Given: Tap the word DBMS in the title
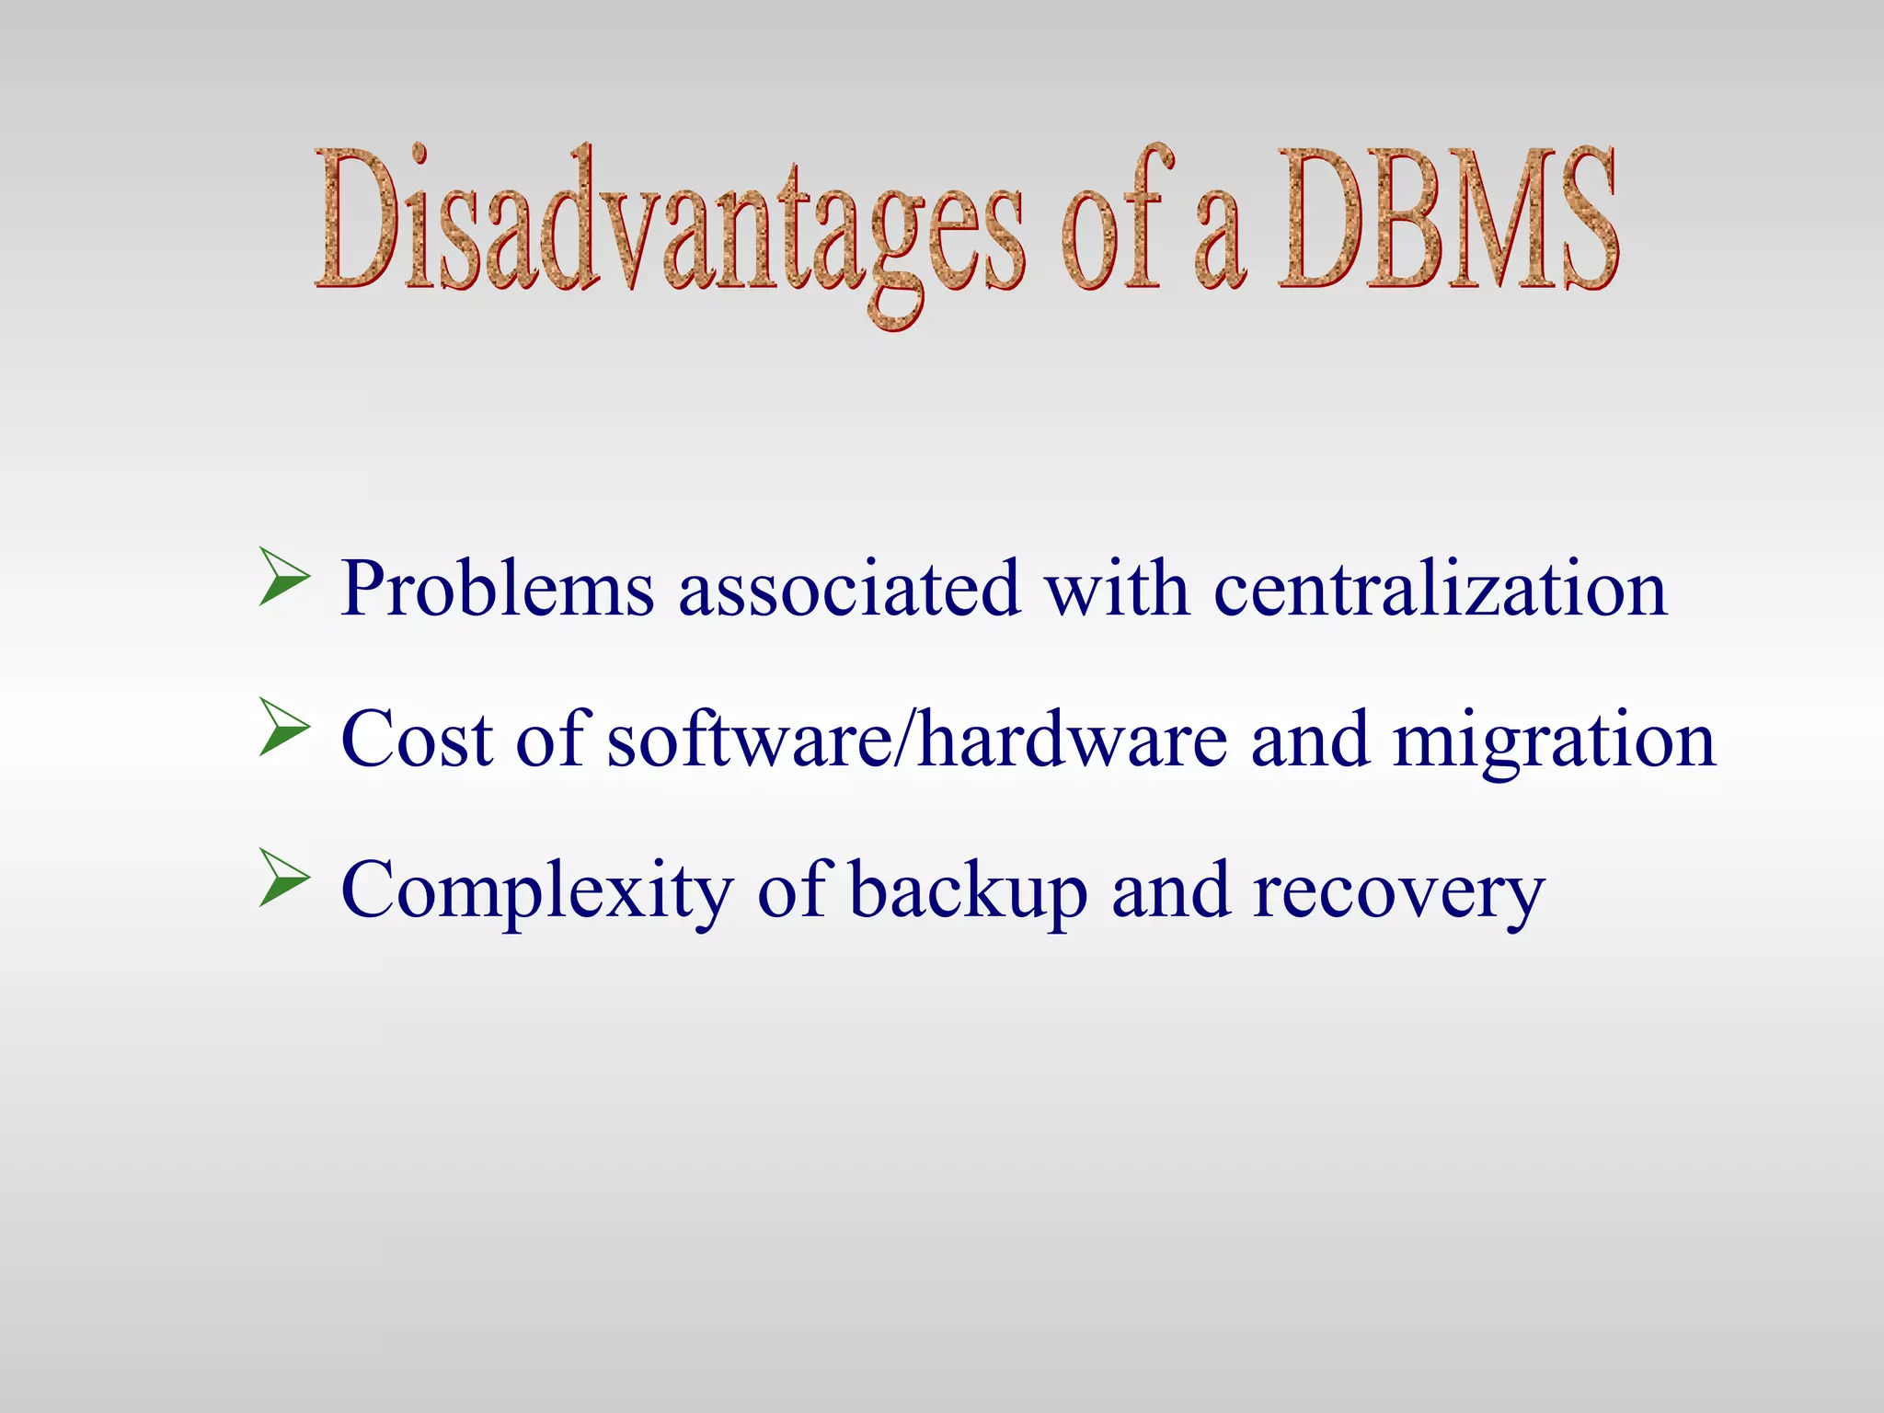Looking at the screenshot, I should pyautogui.click(x=1447, y=221).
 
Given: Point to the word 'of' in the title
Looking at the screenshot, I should pyautogui.click(x=1116, y=221).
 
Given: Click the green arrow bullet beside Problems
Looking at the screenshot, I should pyautogui.click(x=283, y=577).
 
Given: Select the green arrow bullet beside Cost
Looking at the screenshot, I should pyautogui.click(x=283, y=727).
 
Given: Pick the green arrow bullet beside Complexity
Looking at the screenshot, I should pyautogui.click(x=283, y=878).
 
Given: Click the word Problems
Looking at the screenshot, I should pyautogui.click(x=498, y=590).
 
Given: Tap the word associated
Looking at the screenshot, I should pyautogui.click(x=849, y=590).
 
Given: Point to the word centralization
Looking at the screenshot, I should pyautogui.click(x=1440, y=590).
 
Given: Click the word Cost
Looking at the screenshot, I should pyautogui.click(x=417, y=740).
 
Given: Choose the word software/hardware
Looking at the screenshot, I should pyautogui.click(x=917, y=740).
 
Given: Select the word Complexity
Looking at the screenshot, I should pyautogui.click(x=537, y=890).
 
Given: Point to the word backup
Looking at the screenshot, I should pyautogui.click(x=968, y=890).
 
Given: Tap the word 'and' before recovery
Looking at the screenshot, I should pyautogui.click(x=1170, y=890).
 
